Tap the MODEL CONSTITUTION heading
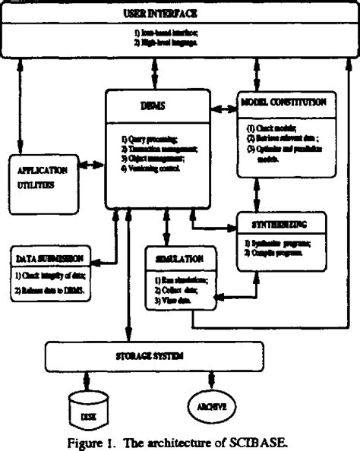(283, 101)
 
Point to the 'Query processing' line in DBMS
(149, 140)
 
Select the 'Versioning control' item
(151, 169)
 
